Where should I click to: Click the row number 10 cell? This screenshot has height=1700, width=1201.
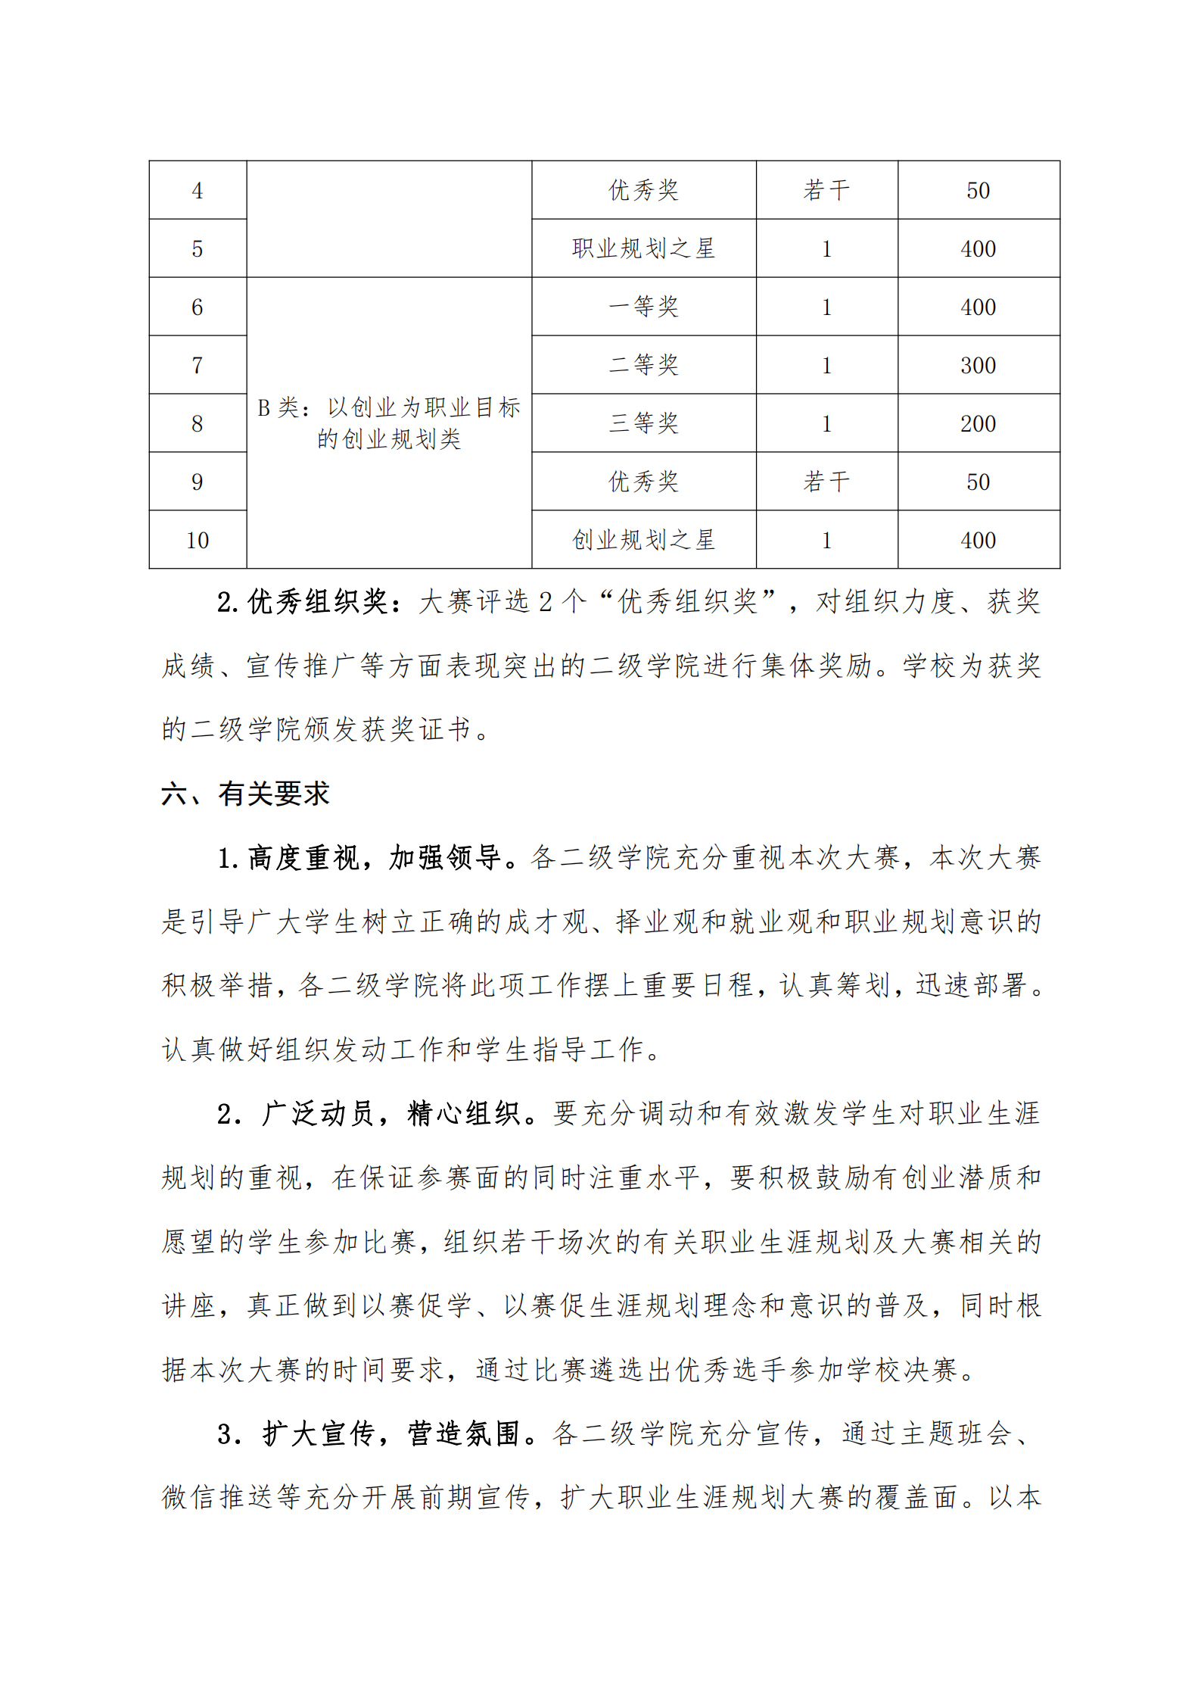coord(198,540)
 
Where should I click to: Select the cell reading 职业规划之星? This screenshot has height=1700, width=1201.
coord(643,248)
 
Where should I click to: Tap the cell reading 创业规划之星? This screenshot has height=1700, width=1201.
coord(643,540)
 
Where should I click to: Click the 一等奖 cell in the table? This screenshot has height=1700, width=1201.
coord(643,307)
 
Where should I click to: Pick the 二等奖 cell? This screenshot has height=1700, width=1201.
coord(643,365)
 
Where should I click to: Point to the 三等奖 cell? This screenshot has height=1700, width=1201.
coord(643,423)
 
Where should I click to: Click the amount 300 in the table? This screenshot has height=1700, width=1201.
coord(978,365)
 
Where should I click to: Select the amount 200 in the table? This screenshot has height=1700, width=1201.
coord(978,423)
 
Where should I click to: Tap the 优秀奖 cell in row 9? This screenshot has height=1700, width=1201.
coord(643,482)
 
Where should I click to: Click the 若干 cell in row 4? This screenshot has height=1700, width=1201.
coord(826,190)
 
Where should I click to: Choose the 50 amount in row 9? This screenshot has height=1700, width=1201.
coord(978,482)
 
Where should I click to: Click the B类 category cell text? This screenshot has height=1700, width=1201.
coord(389,423)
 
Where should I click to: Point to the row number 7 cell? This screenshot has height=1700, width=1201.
coord(198,365)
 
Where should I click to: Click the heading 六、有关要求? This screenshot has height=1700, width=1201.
coord(245,794)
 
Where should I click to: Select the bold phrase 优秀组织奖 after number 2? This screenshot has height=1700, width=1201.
coord(319,602)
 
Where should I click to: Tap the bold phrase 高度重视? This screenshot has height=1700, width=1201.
coord(303,858)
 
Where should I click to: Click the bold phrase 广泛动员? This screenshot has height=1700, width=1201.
coord(319,1114)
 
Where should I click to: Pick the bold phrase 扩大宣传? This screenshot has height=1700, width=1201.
coord(319,1433)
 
